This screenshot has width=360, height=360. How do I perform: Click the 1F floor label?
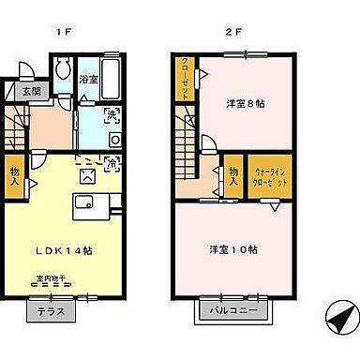click(65, 30)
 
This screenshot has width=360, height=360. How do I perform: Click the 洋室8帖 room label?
click(243, 102)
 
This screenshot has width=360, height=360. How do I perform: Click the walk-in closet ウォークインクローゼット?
click(271, 175)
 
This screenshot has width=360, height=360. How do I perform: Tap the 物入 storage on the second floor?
click(232, 175)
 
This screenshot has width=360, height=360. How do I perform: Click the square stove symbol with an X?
click(88, 172)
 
